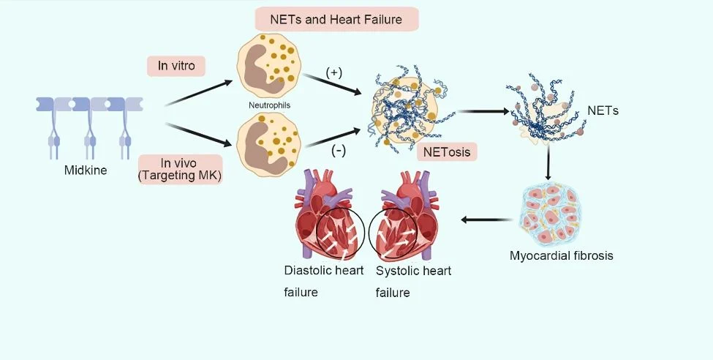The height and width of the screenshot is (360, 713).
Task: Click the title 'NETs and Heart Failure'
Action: point(336,20)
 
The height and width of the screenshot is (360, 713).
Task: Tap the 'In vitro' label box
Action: point(176,66)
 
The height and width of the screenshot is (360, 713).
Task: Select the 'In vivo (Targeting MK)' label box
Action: point(180,169)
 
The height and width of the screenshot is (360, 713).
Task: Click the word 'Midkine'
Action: point(86,170)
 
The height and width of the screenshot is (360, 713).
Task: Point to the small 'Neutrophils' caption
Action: point(269,105)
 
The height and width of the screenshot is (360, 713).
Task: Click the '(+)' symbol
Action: point(334,73)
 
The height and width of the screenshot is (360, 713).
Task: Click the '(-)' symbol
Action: point(339,151)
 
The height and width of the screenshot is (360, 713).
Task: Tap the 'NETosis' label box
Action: point(447,151)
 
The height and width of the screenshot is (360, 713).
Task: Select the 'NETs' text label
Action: point(603,110)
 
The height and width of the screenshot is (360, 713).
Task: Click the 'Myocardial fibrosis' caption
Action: point(561,255)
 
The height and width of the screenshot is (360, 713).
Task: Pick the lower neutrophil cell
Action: point(268,144)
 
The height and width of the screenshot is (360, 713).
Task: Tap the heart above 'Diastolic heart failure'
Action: point(329,213)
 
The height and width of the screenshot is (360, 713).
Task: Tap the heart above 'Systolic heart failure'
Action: point(404,213)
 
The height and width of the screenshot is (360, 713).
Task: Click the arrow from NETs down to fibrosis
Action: point(548,162)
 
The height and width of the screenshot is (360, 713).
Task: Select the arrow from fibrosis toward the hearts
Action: point(486,220)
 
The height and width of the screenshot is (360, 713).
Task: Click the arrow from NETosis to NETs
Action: point(483,111)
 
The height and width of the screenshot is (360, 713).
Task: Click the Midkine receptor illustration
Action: point(89,128)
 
